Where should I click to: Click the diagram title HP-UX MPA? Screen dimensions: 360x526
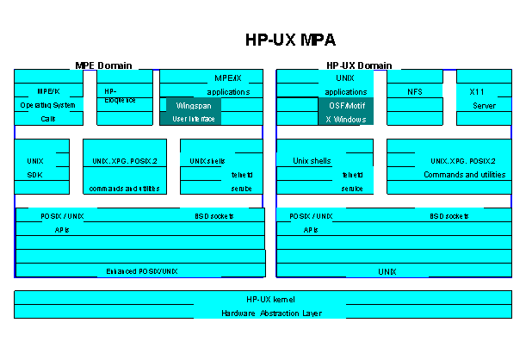coord(291,40)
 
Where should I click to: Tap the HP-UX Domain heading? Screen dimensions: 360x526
coord(359,65)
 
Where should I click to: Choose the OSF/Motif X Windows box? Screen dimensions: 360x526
coord(344,112)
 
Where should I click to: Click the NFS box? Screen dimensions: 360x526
coord(415,90)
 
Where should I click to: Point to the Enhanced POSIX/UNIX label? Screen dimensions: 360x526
coord(141,271)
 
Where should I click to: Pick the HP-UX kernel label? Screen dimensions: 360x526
coord(270,299)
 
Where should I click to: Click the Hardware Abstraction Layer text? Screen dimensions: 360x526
coord(270,313)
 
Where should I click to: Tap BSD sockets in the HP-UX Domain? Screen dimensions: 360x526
coord(449,215)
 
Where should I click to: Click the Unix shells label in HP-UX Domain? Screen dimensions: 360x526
coord(313,160)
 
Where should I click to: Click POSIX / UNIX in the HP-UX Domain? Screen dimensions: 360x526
coord(311,215)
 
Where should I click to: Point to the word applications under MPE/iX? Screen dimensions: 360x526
coord(228,91)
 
